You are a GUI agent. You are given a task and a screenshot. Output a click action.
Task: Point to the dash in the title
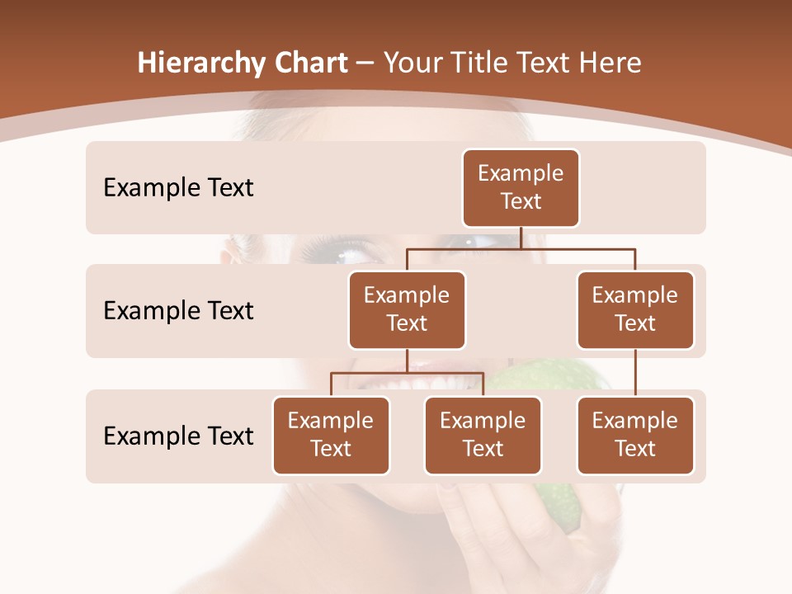(x=365, y=64)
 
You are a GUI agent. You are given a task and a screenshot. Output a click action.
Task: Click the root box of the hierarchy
(x=521, y=187)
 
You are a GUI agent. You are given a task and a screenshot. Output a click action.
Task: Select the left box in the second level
(x=407, y=309)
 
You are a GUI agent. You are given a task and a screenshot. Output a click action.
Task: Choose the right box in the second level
(x=635, y=309)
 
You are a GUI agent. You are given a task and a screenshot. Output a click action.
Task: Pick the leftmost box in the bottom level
(x=331, y=435)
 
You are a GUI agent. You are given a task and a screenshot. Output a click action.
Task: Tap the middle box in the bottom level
(x=483, y=435)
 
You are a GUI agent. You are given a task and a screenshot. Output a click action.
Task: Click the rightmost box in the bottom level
(x=635, y=435)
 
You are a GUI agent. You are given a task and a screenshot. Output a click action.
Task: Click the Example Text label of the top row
(x=178, y=188)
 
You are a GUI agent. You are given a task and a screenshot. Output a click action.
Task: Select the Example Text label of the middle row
(x=178, y=311)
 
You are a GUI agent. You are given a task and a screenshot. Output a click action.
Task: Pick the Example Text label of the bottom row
(x=178, y=436)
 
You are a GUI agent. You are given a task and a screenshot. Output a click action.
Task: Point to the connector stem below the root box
(x=521, y=238)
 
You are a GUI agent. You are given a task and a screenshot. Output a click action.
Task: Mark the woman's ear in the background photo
(x=235, y=247)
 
